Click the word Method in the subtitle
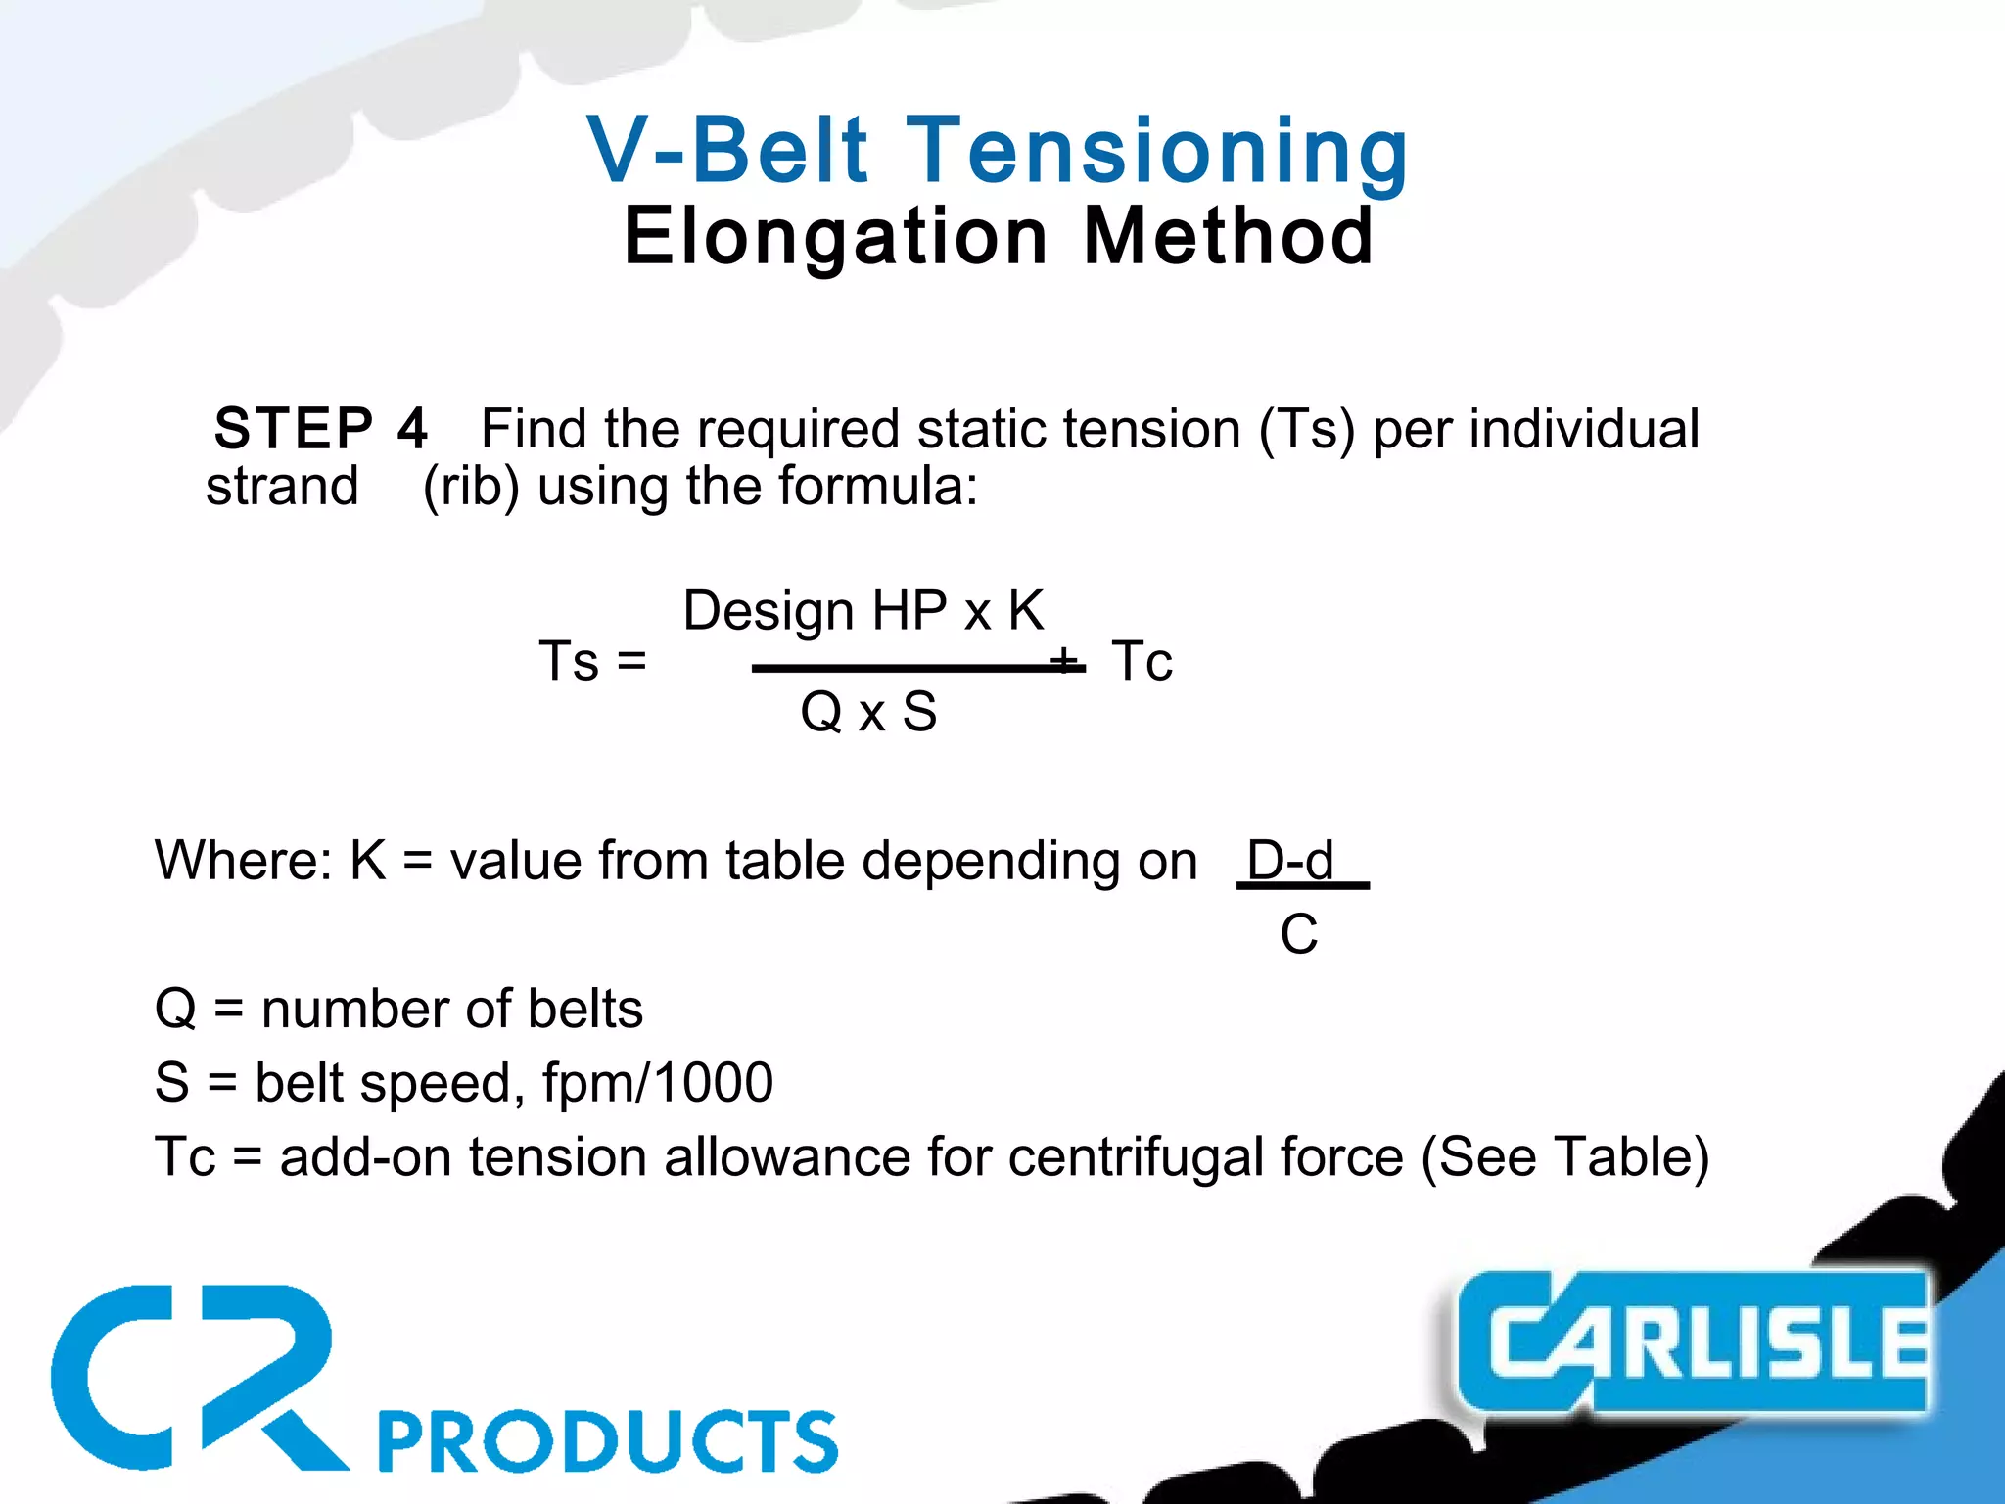[x=1229, y=237]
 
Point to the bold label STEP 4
[x=321, y=429]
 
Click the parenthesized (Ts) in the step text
[x=1307, y=429]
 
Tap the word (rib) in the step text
[x=470, y=486]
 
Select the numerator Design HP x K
[x=863, y=611]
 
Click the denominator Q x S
[x=868, y=712]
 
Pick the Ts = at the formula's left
[x=593, y=661]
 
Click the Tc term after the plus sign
[x=1142, y=661]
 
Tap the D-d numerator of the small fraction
[x=1289, y=861]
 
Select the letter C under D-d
[x=1298, y=934]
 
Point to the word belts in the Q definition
[x=584, y=1010]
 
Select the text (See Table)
[x=1564, y=1157]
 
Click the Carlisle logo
[x=1693, y=1341]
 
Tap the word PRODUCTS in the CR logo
[x=608, y=1441]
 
